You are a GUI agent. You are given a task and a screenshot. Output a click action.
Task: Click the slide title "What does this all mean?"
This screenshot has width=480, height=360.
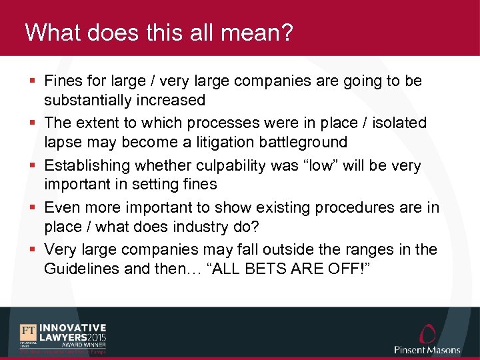coord(159,33)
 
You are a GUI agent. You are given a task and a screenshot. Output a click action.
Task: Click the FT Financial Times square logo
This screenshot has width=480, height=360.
coord(28,333)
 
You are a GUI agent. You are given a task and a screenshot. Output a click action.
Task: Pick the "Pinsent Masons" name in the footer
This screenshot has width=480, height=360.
coord(427,350)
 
